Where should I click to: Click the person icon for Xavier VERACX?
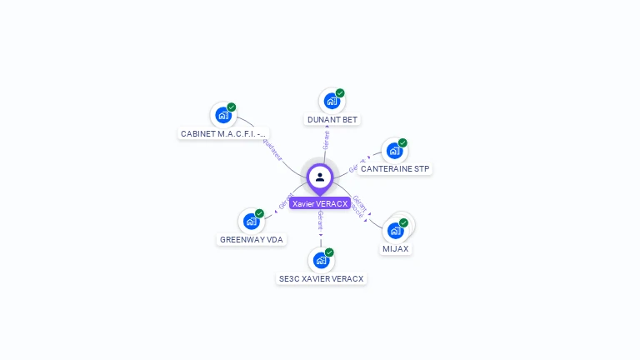(320, 177)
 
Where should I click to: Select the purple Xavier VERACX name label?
(320, 203)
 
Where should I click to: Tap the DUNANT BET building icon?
(332, 102)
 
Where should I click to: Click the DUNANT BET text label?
(332, 120)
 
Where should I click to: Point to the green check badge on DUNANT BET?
(340, 93)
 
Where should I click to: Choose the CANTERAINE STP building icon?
(394, 151)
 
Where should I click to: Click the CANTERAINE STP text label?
(395, 169)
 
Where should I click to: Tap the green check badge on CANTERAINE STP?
(402, 142)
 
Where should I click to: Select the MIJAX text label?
(396, 249)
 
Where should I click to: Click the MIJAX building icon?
(395, 230)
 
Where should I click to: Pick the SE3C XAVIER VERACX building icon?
(321, 260)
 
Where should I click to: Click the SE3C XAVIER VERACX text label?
(322, 279)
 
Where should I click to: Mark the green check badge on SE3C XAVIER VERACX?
(329, 252)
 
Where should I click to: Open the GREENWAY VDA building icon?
(251, 222)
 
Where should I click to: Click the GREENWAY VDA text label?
(252, 240)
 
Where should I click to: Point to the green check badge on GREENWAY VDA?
(259, 213)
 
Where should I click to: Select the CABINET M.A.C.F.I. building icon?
(223, 115)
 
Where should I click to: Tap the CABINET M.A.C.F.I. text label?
(224, 133)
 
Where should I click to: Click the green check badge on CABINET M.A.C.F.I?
(232, 107)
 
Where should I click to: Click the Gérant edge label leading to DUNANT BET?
(327, 140)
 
